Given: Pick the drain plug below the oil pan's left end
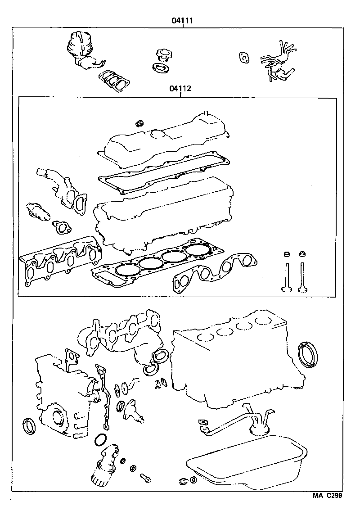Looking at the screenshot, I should click(183, 481).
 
